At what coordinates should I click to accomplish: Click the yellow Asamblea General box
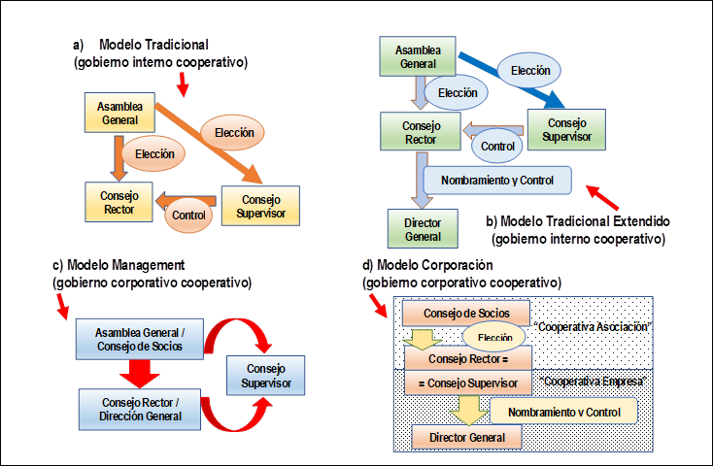pyautogui.click(x=120, y=113)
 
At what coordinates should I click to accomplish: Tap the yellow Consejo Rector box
pyautogui.click(x=119, y=202)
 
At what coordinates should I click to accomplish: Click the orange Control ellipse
pyautogui.click(x=187, y=213)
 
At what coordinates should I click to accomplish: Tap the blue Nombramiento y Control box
pyautogui.click(x=496, y=181)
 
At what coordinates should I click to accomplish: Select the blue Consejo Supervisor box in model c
pyautogui.click(x=265, y=376)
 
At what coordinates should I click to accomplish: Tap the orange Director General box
pyautogui.click(x=468, y=437)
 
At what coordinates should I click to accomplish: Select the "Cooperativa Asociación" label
pyautogui.click(x=594, y=327)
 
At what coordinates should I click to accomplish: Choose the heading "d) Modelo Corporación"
pyautogui.click(x=428, y=265)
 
